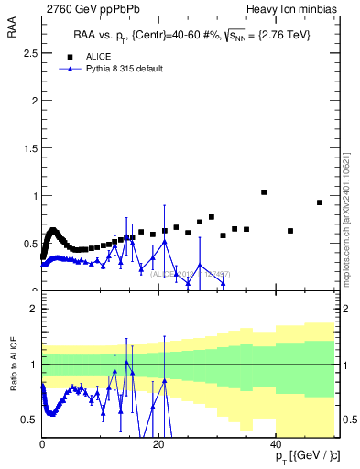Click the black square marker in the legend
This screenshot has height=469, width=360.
point(67,55)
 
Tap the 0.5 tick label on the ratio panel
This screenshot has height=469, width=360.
point(30,420)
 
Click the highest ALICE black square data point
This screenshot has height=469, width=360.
point(264,192)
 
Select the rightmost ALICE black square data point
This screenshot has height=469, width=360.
point(320,202)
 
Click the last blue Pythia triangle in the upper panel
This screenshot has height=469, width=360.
point(223,283)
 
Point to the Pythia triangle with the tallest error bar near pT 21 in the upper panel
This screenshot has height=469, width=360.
point(165,241)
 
